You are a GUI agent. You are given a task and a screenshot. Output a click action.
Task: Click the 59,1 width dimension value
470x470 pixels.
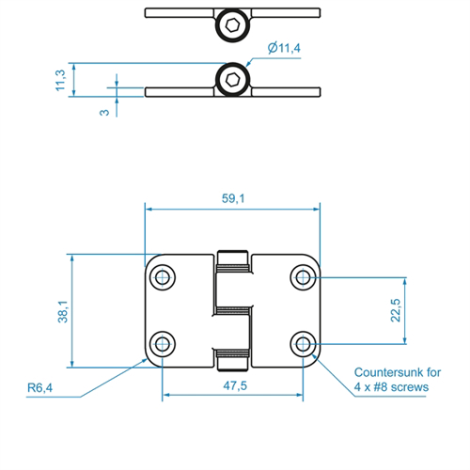click(233, 198)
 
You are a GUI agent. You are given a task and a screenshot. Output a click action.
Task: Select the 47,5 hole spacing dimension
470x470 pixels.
click(235, 385)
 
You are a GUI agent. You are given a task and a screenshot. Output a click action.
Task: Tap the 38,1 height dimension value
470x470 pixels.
click(63, 311)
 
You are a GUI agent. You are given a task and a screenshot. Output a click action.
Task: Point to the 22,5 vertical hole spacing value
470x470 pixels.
click(396, 310)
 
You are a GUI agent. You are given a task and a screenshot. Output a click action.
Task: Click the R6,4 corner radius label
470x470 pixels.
click(39, 388)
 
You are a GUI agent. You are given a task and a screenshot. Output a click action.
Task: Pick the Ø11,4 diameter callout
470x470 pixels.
click(284, 48)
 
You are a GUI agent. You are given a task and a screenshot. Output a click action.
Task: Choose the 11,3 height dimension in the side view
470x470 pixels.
click(60, 80)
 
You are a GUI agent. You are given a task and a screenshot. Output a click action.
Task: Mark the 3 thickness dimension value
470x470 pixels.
click(104, 113)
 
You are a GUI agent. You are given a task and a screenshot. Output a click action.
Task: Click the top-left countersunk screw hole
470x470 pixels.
click(163, 277)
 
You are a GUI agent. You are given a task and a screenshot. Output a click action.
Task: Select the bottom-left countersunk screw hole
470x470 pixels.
click(163, 344)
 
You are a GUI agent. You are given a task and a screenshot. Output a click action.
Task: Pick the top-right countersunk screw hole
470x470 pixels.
click(303, 277)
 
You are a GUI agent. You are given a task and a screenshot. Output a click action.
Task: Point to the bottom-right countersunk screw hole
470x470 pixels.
click(303, 344)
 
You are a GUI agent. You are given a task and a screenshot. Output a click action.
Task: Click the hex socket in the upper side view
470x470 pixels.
click(232, 25)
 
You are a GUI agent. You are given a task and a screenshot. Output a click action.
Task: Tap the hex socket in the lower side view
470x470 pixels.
click(232, 80)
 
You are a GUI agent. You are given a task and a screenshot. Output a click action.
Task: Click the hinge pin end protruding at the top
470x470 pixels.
click(232, 258)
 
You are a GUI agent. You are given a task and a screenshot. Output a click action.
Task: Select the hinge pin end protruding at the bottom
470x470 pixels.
click(232, 364)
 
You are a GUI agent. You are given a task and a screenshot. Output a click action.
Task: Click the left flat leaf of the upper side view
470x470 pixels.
click(180, 13)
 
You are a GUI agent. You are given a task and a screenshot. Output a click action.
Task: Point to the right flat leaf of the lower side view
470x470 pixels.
click(286, 92)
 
